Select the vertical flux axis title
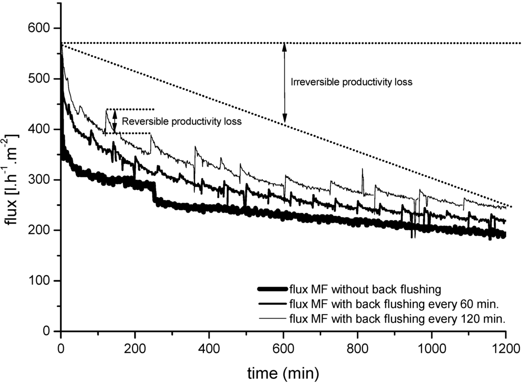14,179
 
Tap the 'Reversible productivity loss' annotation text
181,122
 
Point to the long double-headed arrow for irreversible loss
284,82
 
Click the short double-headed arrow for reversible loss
115,121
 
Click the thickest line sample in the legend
272,290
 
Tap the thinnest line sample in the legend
272,320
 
